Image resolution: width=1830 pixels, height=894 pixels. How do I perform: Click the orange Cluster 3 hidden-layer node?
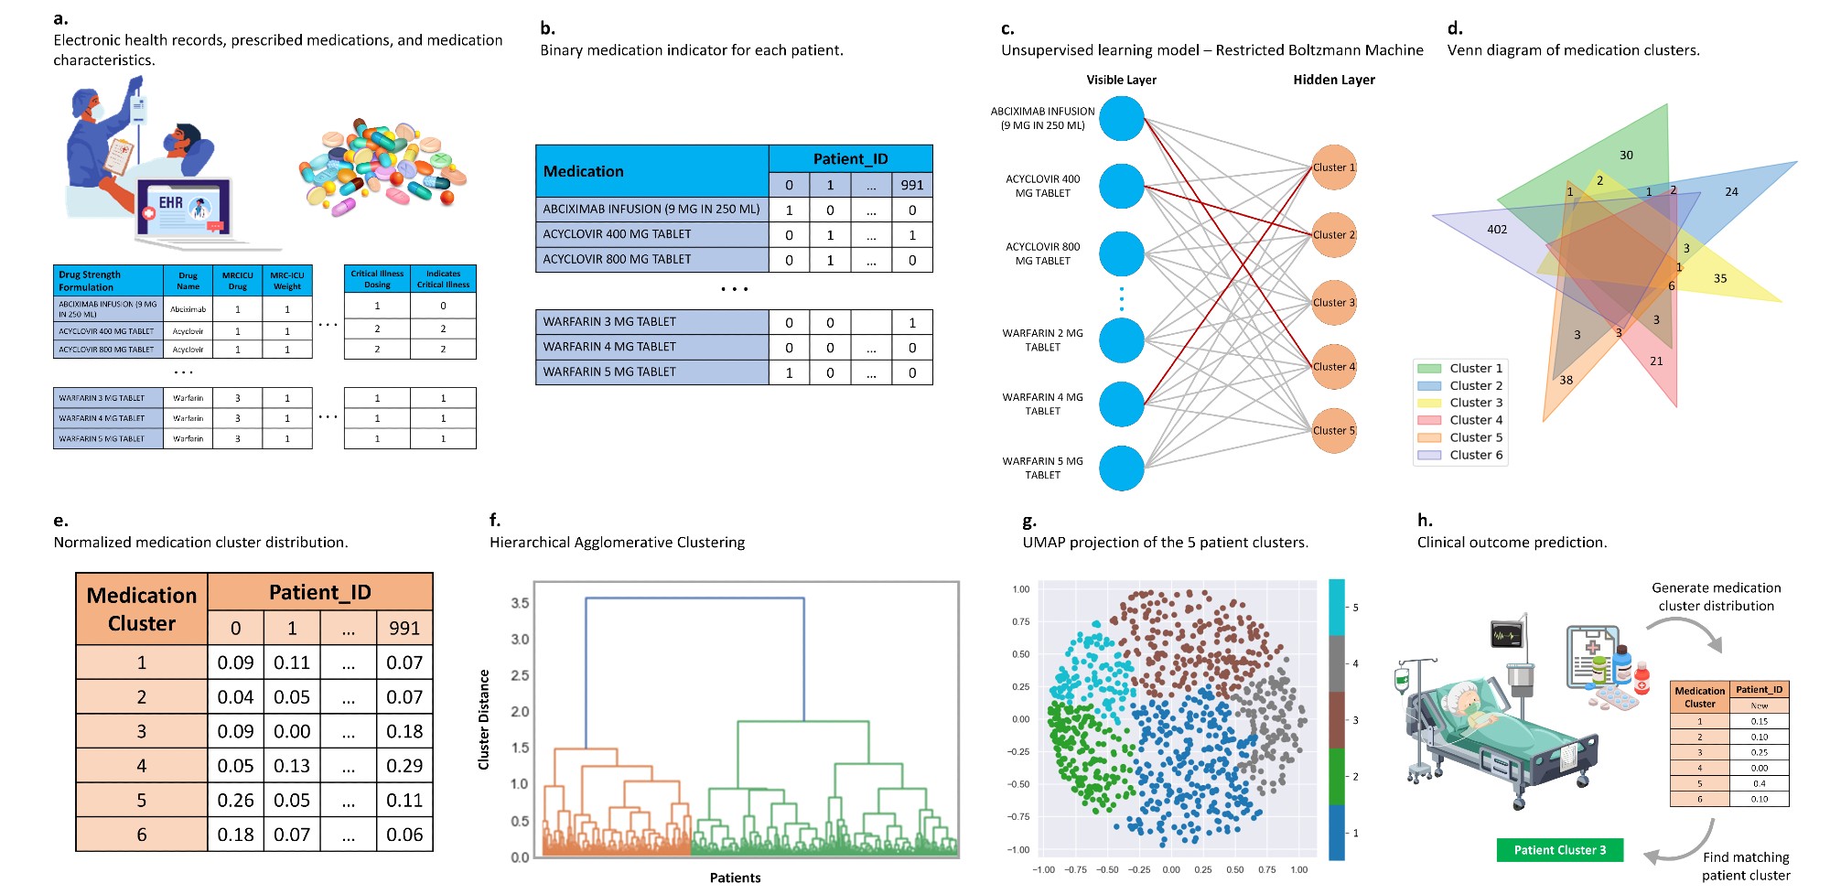(x=1333, y=303)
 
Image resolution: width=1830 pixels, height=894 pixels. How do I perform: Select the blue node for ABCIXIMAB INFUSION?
(x=1122, y=118)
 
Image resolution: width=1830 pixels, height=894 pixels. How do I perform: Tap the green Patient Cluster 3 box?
(x=1559, y=850)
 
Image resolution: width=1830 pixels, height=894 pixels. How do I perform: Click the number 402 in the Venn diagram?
(x=1497, y=230)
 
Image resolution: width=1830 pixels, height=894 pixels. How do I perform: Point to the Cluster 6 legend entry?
(x=1460, y=455)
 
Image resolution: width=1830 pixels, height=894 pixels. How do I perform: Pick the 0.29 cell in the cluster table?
(x=404, y=766)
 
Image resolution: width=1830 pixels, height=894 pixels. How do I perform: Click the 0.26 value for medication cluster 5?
(x=235, y=801)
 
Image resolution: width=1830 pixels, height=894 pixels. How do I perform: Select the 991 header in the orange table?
(x=404, y=629)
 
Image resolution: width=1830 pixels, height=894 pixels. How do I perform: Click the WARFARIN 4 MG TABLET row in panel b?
(x=651, y=347)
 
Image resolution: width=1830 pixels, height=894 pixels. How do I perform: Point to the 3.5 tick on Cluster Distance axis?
(x=520, y=603)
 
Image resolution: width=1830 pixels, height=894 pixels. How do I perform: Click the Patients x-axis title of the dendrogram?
(x=735, y=878)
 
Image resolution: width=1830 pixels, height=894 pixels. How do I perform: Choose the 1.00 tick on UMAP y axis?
(x=1021, y=589)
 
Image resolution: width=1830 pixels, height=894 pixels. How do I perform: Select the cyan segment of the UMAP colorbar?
(x=1337, y=607)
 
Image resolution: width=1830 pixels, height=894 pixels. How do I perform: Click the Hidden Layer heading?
(x=1333, y=80)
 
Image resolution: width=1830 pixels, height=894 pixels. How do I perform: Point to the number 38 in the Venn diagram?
(x=1566, y=380)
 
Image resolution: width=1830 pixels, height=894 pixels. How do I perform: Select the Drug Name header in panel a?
(x=188, y=280)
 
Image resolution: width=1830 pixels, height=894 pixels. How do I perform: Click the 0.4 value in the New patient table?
(x=1759, y=784)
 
